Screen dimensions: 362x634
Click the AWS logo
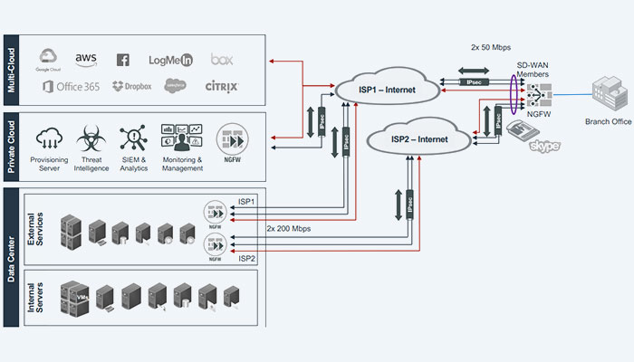coord(86,59)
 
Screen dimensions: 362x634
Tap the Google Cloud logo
coord(48,60)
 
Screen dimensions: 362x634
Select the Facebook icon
coord(123,60)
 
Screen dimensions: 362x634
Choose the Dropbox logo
coord(131,87)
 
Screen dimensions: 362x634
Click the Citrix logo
coord(221,87)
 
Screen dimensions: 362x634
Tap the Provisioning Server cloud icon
coord(50,138)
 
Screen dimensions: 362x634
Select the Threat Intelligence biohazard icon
coord(91,138)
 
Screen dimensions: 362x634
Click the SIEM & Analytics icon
coord(134,138)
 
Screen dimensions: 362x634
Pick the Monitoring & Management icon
coord(180,138)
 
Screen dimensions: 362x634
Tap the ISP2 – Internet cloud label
coord(420,139)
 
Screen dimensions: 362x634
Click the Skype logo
coord(545,145)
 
